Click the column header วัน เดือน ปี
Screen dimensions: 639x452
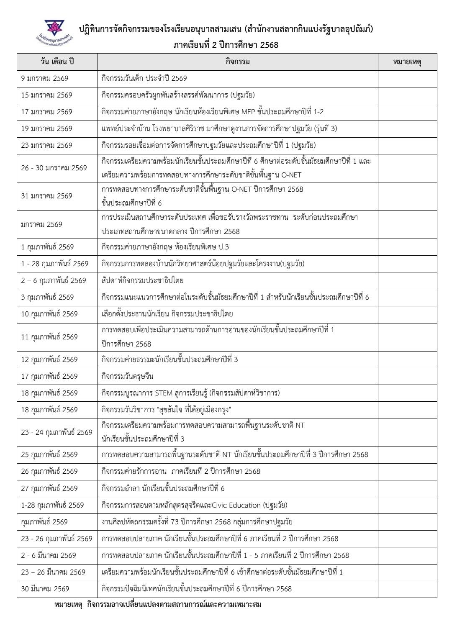click(57, 62)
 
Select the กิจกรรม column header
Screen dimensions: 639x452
click(237, 62)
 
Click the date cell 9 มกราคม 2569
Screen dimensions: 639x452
click(45, 78)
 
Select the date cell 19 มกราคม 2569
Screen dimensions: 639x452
click(47, 128)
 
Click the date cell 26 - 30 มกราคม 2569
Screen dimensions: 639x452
click(54, 168)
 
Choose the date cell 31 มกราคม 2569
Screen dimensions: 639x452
click(47, 196)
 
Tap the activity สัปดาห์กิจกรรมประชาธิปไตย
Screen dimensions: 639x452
click(143, 280)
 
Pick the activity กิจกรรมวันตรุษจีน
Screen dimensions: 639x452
click(128, 376)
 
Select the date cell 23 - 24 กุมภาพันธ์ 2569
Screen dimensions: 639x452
click(57, 432)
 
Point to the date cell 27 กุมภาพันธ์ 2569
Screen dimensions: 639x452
click(49, 488)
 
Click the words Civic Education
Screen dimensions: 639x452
click(236, 505)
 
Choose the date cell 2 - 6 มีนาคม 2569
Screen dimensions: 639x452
click(49, 555)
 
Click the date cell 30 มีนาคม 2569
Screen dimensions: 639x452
click(45, 589)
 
